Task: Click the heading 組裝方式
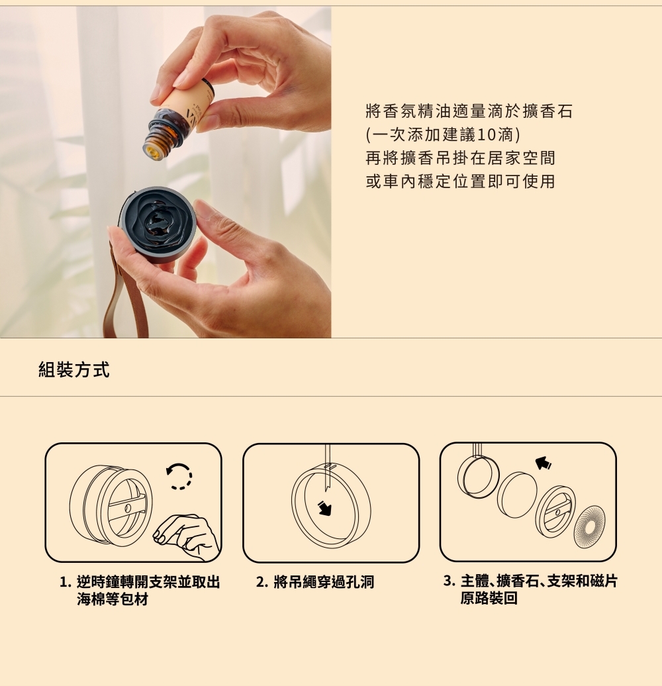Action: coord(74,369)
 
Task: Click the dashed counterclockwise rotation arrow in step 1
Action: coord(179,476)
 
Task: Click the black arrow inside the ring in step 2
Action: coord(324,508)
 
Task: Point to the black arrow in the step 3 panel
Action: coord(543,462)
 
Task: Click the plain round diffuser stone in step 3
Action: coord(517,495)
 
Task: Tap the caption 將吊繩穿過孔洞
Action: coord(324,582)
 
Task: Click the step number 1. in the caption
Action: coord(65,582)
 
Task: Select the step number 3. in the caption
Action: coord(449,581)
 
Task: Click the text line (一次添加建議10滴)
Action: coord(443,135)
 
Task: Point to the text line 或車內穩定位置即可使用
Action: coord(461,181)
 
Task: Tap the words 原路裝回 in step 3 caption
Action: coord(489,598)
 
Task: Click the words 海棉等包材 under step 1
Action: coord(113,599)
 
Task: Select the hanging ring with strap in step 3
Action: coord(478,473)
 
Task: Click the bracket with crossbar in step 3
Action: coord(555,511)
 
